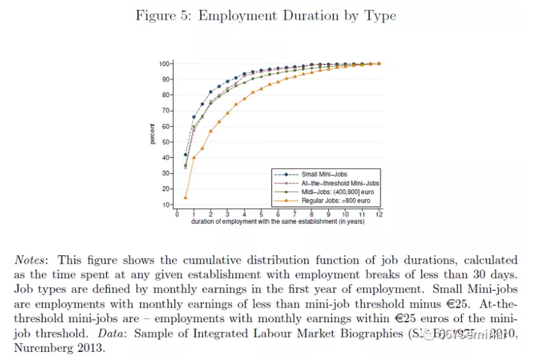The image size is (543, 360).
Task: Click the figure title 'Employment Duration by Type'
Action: pos(297,15)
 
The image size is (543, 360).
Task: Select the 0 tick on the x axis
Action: pos(177,214)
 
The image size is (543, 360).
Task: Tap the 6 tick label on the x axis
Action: pos(278,214)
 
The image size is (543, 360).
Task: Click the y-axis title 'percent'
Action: pos(152,134)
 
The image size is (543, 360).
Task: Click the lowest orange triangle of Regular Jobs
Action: pos(185,197)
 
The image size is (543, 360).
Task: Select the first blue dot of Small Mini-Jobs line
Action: pos(185,154)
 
